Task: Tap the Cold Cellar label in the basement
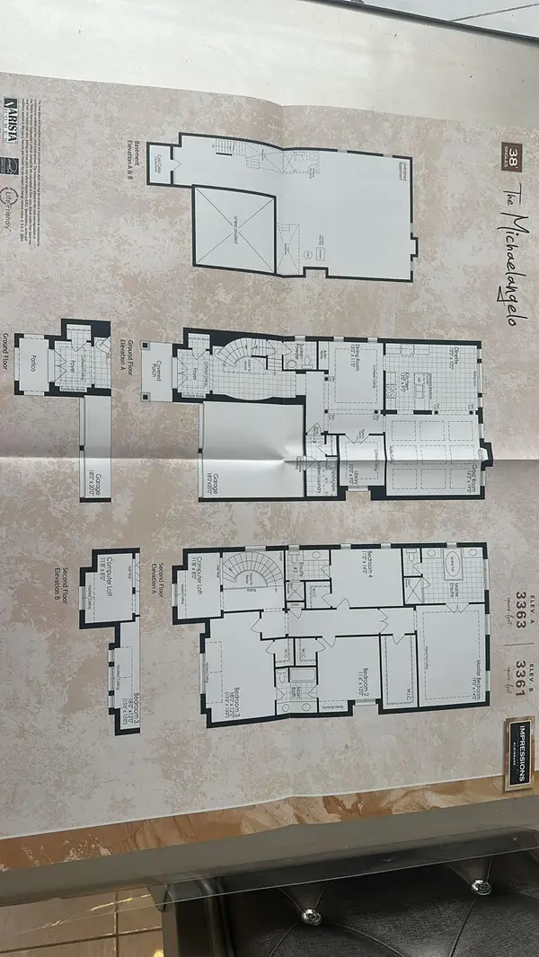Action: [x=159, y=162]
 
